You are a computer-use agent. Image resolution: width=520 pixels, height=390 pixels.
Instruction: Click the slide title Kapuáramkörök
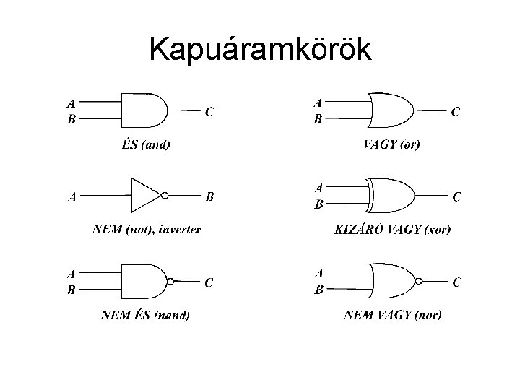260,50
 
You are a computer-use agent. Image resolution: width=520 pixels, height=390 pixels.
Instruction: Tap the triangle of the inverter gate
145,195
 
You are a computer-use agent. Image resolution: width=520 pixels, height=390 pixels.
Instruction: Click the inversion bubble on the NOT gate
165,195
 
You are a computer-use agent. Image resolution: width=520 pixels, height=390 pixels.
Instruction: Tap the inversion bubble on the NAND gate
170,281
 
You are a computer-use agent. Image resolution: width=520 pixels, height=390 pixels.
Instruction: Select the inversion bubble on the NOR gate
418,281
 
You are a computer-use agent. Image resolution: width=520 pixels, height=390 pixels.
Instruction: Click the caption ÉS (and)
146,144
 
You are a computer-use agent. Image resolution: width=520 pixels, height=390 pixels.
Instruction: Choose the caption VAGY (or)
391,144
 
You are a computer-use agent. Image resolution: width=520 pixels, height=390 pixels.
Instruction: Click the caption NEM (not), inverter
147,230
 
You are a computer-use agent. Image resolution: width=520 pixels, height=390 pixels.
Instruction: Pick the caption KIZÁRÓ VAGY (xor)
392,230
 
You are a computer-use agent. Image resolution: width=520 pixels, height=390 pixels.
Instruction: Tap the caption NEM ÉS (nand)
146,315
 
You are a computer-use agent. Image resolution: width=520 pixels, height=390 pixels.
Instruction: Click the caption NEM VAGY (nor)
393,315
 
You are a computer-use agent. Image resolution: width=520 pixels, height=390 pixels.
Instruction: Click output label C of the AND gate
209,112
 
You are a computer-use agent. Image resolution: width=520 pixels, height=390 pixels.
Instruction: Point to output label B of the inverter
209,196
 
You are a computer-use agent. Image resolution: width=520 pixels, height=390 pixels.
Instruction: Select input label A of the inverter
72,196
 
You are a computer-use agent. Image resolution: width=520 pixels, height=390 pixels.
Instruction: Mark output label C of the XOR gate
457,196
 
